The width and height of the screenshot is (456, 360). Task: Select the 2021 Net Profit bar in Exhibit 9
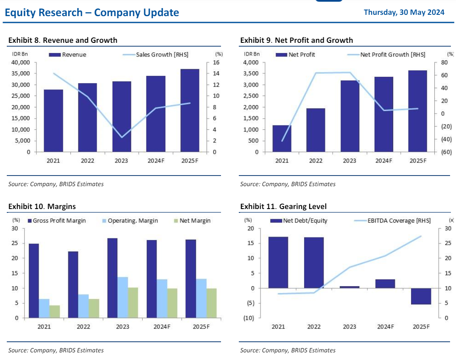click(282, 138)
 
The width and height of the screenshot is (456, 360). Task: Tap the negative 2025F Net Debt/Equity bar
click(421, 296)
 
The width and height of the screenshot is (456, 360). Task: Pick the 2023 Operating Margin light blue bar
click(123, 297)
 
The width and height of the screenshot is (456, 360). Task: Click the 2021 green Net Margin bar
click(55, 311)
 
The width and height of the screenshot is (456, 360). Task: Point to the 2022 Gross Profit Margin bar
click(73, 285)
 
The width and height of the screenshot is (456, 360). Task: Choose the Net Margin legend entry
click(191, 220)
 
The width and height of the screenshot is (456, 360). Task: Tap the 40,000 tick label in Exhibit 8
click(20, 62)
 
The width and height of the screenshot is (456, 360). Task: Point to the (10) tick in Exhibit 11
click(249, 318)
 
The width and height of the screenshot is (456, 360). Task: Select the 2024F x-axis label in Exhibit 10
click(162, 327)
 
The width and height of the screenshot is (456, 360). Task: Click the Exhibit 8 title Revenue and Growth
click(63, 40)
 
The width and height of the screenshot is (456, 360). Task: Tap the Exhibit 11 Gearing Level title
click(283, 207)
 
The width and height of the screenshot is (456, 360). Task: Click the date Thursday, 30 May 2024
click(404, 12)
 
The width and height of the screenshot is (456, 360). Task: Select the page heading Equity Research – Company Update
click(92, 13)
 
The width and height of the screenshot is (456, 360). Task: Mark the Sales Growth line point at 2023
click(122, 137)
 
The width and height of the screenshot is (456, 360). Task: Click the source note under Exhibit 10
click(56, 350)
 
